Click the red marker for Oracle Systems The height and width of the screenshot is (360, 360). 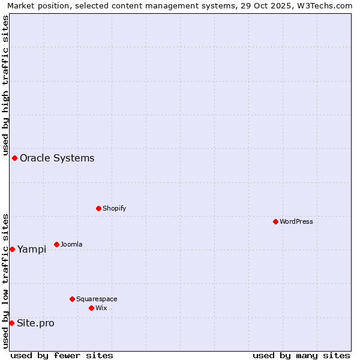(x=14, y=158)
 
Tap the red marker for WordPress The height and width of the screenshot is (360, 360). (x=275, y=221)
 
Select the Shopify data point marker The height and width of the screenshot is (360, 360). (x=98, y=208)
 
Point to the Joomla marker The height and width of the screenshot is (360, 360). (x=56, y=244)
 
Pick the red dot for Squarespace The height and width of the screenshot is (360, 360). (x=72, y=299)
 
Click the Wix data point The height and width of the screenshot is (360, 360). (x=91, y=308)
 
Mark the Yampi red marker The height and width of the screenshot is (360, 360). (x=12, y=249)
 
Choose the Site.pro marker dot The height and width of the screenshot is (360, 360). (x=11, y=323)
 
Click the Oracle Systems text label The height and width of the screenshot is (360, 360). (x=57, y=158)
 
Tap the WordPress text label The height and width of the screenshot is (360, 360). (x=296, y=221)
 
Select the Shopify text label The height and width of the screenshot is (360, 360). (x=114, y=208)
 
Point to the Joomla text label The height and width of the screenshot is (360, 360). (x=71, y=244)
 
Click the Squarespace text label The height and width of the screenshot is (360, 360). (x=97, y=299)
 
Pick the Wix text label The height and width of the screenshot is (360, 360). (x=101, y=308)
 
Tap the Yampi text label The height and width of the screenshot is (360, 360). (x=32, y=249)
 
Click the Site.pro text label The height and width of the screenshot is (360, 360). (x=35, y=323)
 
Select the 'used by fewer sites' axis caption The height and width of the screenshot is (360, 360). (x=62, y=355)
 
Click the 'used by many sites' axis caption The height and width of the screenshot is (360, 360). (x=301, y=355)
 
